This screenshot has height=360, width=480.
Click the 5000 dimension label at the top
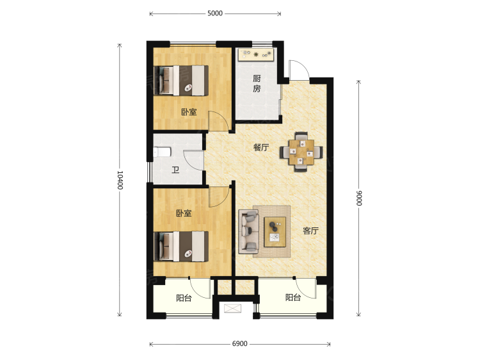pos(214,13)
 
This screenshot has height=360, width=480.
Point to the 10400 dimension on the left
pos(120,180)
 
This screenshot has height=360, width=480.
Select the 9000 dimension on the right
pos(359,198)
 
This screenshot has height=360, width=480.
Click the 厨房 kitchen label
pos(257,84)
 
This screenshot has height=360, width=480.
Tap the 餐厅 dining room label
pos(260,147)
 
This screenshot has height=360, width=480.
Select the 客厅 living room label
pos(311,231)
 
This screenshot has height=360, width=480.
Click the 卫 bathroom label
pos(175,170)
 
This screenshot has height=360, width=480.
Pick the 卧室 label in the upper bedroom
pos(188,112)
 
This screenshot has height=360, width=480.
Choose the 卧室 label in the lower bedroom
pos(184,213)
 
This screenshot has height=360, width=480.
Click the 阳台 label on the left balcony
pos(184,298)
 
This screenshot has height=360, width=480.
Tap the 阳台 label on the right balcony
pos(293,298)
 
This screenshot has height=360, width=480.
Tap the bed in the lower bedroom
pos(182,247)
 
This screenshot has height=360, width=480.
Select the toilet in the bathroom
pos(161,152)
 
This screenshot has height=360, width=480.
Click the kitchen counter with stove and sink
pos(256,54)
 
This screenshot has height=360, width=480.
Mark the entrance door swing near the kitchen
pos(298,70)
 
